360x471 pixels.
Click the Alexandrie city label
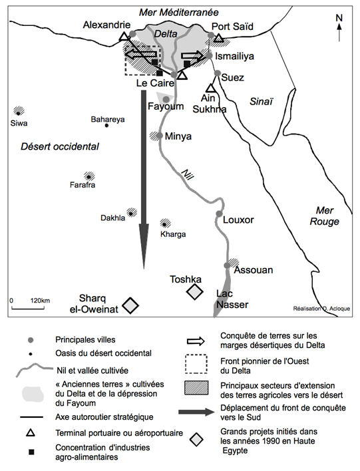[106, 25]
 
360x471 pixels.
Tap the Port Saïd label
[232, 27]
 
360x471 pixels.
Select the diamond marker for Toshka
[195, 291]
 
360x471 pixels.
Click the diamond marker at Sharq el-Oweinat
[130, 305]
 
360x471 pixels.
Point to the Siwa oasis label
[19, 123]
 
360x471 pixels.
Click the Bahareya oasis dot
[106, 126]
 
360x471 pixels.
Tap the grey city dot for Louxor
[219, 214]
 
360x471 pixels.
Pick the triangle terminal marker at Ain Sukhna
[210, 88]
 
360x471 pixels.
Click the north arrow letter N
[339, 18]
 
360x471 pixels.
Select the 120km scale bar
[28, 308]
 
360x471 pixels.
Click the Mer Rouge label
[325, 216]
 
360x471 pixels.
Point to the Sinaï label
[261, 102]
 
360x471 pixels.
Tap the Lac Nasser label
[232, 299]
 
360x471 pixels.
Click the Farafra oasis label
[83, 185]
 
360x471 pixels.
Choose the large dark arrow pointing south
[144, 180]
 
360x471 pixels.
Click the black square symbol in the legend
[31, 452]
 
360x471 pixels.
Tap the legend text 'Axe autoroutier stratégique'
[104, 417]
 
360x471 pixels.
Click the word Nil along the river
[188, 174]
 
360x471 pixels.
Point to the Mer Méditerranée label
[179, 13]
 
